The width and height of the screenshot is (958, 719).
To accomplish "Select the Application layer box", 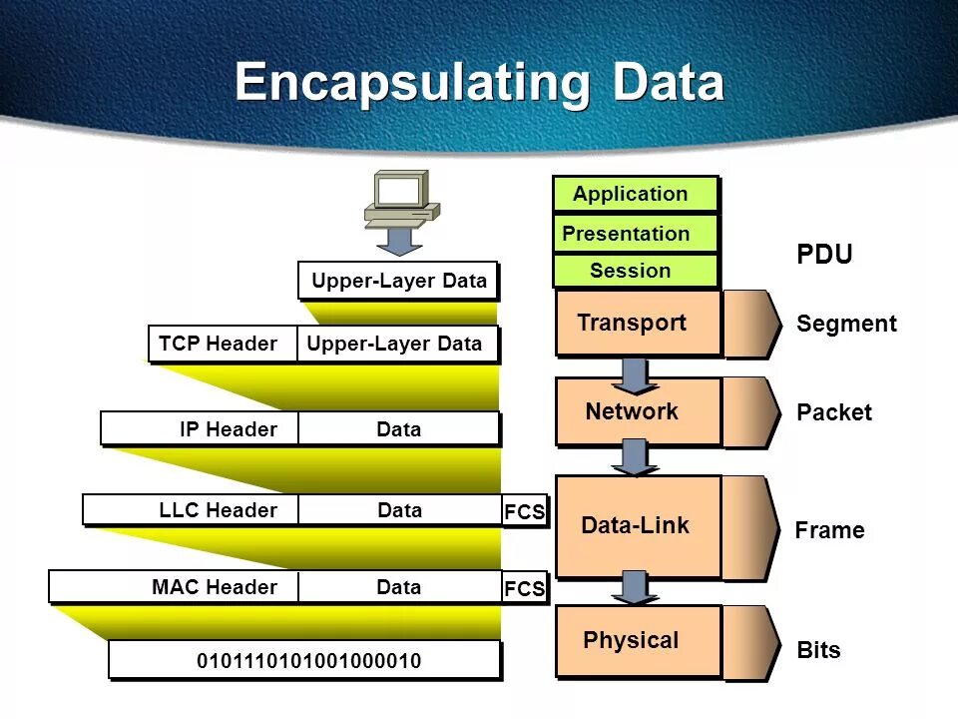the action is pyautogui.click(x=636, y=195).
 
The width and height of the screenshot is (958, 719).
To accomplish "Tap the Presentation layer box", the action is pyautogui.click(x=636, y=234).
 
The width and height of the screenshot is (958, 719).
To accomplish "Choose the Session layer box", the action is pyautogui.click(x=636, y=271).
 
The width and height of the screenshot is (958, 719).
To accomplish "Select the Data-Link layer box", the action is pyautogui.click(x=638, y=526).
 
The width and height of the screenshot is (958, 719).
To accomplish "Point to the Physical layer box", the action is pyautogui.click(x=638, y=641).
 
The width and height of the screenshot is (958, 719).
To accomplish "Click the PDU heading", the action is pyautogui.click(x=824, y=255).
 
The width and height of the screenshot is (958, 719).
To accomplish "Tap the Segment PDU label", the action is pyautogui.click(x=846, y=324).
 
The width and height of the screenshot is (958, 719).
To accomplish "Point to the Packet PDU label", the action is pyautogui.click(x=834, y=412).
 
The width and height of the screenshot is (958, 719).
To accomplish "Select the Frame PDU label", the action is pyautogui.click(x=829, y=530).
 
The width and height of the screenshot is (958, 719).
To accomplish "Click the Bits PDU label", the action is pyautogui.click(x=818, y=650).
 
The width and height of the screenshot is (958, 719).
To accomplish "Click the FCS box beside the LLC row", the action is pyautogui.click(x=525, y=512).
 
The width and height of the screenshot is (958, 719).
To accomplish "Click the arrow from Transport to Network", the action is pyautogui.click(x=634, y=374).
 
